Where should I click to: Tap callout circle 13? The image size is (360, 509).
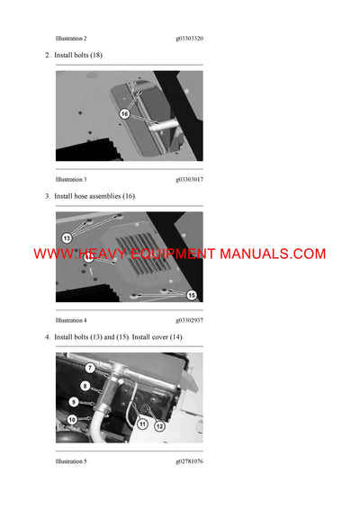66,237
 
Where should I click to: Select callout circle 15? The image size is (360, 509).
191,294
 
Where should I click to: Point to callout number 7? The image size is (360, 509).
89,368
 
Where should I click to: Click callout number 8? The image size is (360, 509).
85,386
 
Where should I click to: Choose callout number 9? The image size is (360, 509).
74,402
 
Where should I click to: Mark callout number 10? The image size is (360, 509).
72,419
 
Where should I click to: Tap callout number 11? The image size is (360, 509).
142,423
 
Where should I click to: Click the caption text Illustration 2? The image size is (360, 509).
71,39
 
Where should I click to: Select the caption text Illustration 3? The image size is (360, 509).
71,179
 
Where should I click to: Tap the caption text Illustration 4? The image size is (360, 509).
71,320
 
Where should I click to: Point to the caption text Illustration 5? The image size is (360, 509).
71,460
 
